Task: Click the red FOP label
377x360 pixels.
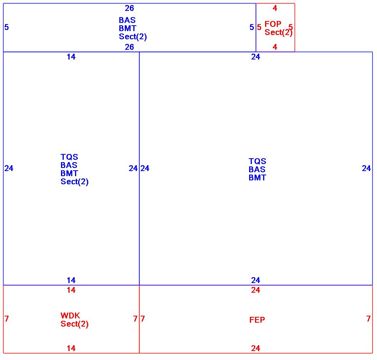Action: click(x=273, y=24)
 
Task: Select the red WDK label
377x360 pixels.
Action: click(x=70, y=315)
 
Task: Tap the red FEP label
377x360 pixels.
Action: click(x=257, y=320)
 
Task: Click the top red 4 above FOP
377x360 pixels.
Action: click(x=275, y=8)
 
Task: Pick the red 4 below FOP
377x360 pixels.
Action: click(x=275, y=47)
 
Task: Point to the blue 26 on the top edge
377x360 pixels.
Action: click(x=129, y=8)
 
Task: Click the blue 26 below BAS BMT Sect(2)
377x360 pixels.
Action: click(x=129, y=47)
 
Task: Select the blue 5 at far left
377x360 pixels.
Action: click(x=7, y=27)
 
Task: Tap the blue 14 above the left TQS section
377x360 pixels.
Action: click(x=71, y=57)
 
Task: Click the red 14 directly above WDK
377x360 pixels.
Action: click(x=71, y=290)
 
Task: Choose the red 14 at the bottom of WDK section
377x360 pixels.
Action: click(x=71, y=348)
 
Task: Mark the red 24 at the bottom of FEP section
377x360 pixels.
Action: click(x=256, y=348)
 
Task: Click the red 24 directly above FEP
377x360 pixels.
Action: click(x=256, y=290)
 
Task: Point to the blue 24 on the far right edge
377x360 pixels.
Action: click(x=367, y=168)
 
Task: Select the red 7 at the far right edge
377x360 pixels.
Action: click(x=368, y=319)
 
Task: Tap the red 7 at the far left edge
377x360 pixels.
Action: click(x=7, y=319)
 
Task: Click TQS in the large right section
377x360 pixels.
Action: click(x=257, y=161)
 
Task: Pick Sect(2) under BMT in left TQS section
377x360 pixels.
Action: click(x=75, y=182)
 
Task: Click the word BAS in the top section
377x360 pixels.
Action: click(x=127, y=20)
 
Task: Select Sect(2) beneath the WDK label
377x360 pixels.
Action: click(x=75, y=324)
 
